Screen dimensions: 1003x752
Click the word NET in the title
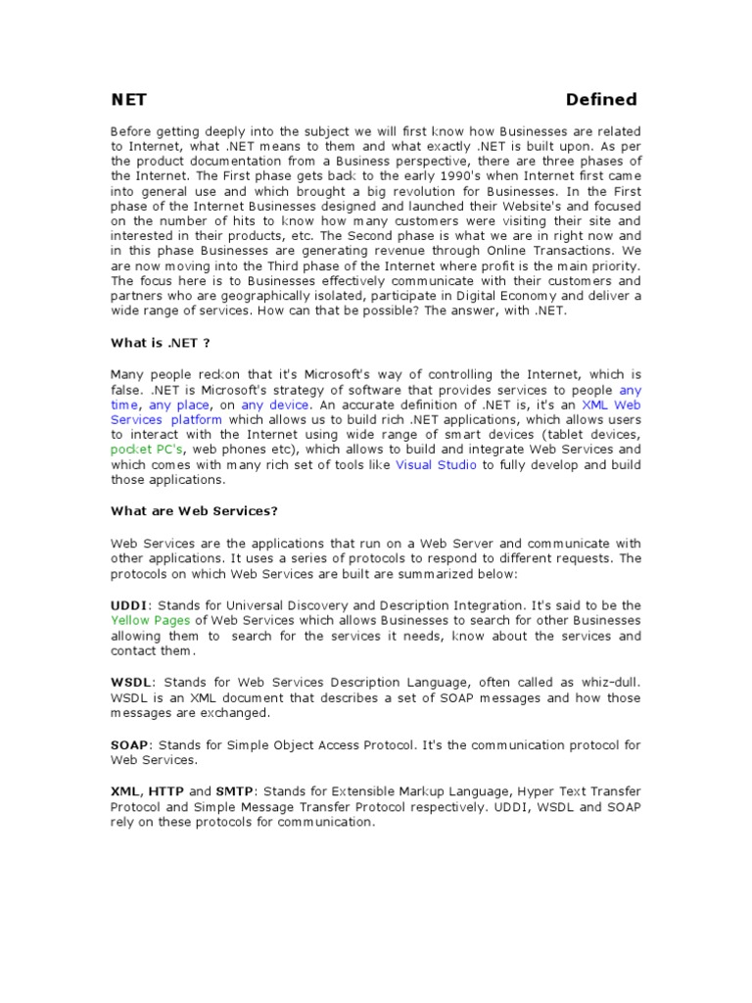click(x=128, y=99)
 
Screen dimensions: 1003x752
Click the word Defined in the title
click(x=601, y=99)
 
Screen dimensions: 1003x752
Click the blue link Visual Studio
click(x=436, y=465)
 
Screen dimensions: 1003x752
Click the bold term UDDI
click(x=127, y=605)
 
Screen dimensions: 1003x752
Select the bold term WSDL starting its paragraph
click(x=129, y=683)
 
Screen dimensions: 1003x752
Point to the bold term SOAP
click(x=127, y=744)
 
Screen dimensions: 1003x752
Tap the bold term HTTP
click(x=166, y=790)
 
